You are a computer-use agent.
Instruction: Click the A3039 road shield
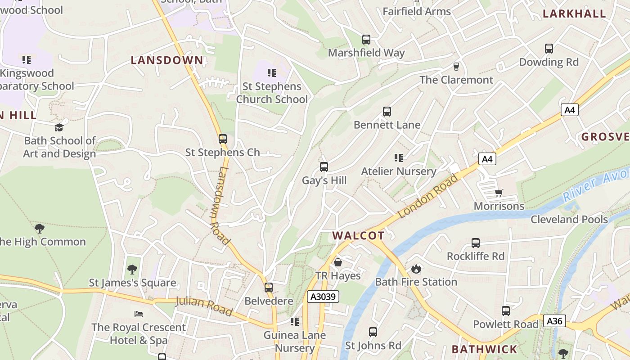[323, 297]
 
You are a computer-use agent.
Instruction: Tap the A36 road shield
[554, 321]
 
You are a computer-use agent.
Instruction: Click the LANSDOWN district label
[167, 60]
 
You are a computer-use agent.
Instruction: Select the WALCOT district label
[358, 235]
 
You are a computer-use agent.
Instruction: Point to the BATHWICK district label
[484, 349]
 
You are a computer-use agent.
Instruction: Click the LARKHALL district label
[574, 13]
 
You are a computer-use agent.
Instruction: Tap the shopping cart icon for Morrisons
[499, 193]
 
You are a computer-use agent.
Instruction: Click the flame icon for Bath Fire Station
[416, 269]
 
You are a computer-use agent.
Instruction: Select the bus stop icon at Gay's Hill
[324, 167]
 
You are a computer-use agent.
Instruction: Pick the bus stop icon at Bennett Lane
[387, 112]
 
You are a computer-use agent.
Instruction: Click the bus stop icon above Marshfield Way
[366, 40]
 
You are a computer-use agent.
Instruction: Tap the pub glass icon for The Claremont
[456, 67]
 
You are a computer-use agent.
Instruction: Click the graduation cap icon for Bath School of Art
[59, 128]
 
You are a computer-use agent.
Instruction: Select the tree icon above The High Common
[40, 229]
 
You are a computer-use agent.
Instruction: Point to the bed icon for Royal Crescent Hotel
[139, 314]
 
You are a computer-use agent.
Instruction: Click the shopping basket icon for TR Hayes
[337, 262]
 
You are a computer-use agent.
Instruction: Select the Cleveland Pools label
[569, 219]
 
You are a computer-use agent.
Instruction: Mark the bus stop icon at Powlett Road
[505, 311]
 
